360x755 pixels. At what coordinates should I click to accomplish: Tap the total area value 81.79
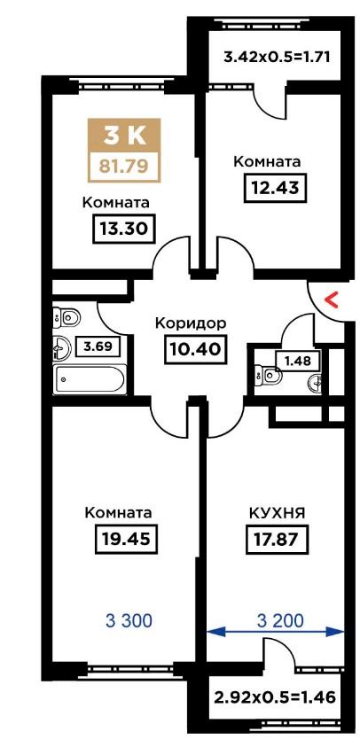pyautogui.click(x=124, y=167)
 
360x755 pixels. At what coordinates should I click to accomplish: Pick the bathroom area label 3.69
pyautogui.click(x=97, y=346)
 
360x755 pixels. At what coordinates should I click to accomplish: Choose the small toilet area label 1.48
pyautogui.click(x=297, y=359)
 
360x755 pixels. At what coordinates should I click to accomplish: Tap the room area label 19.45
pyautogui.click(x=127, y=538)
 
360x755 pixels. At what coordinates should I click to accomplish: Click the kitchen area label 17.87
pyautogui.click(x=277, y=538)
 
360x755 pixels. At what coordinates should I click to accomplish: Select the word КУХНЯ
pyautogui.click(x=277, y=513)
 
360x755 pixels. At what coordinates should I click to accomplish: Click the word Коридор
pyautogui.click(x=191, y=323)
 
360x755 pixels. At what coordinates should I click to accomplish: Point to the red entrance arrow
pyautogui.click(x=332, y=301)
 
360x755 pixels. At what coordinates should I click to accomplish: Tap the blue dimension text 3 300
pyautogui.click(x=129, y=621)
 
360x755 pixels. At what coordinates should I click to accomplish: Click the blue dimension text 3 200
pyautogui.click(x=280, y=621)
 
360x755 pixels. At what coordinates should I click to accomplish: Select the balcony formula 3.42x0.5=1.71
pyautogui.click(x=277, y=58)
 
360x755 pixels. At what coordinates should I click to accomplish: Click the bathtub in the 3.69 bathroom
pyautogui.click(x=90, y=379)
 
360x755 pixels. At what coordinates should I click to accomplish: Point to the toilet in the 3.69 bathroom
pyautogui.click(x=67, y=317)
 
